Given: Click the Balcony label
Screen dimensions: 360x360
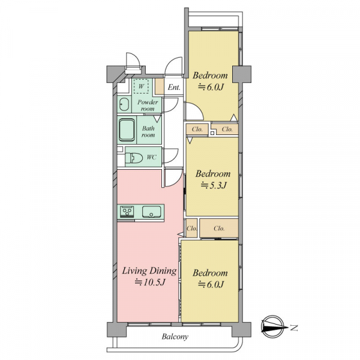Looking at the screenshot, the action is click(175, 337).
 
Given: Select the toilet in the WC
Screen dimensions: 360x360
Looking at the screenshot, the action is click(133, 158).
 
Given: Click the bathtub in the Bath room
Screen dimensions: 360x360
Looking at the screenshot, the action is click(127, 130).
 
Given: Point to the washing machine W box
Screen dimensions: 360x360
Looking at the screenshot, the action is click(141, 86).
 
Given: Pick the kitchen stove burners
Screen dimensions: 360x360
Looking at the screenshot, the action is click(127, 211).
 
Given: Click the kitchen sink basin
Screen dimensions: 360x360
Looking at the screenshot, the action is click(152, 211).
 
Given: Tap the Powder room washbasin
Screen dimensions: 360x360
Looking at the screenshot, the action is click(124, 104).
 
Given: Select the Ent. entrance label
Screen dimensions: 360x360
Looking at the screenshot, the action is click(174, 87).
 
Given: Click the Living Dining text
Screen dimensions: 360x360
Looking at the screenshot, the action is click(149, 271).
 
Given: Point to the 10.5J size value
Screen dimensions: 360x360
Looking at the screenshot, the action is click(150, 283).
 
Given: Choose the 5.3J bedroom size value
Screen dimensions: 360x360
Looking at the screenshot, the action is click(214, 185).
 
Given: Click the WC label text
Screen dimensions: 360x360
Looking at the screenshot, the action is click(152, 157).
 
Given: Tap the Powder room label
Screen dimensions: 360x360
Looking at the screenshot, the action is click(148, 105).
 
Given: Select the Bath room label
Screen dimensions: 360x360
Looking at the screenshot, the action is click(148, 131).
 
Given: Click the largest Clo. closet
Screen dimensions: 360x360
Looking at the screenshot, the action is click(219, 228).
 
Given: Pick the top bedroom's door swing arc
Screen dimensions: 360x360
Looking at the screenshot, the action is click(197, 110).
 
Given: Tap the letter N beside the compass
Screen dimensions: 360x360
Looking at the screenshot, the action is click(293, 328).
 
